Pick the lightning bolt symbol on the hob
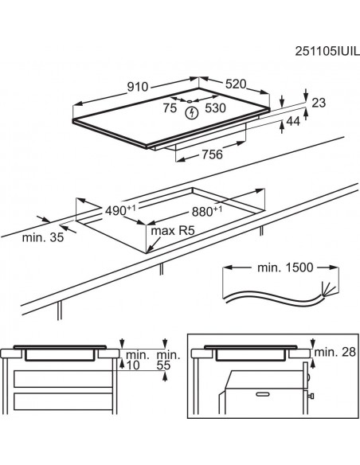(x=192, y=113)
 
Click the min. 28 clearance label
(x=335, y=352)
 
